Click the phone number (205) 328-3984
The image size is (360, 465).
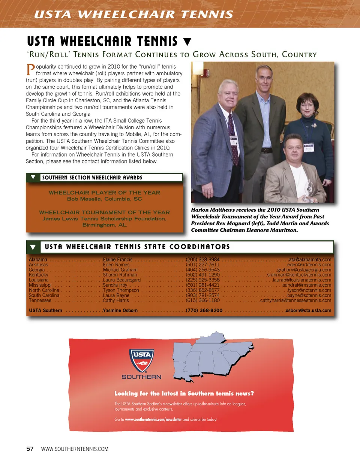(x=203, y=260)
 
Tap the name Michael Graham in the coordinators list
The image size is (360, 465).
(x=120, y=270)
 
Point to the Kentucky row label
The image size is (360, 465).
(x=39, y=275)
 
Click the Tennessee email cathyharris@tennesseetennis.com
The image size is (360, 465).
(x=295, y=301)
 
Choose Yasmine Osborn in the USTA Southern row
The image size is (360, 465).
(x=120, y=311)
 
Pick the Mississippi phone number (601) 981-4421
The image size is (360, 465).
(x=202, y=285)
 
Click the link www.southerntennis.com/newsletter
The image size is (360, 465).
(x=153, y=420)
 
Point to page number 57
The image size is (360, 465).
(x=30, y=449)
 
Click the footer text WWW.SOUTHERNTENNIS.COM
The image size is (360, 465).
(x=75, y=449)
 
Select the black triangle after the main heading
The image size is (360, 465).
(x=187, y=42)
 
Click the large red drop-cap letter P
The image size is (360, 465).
(x=30, y=70)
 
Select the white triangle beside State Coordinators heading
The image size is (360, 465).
(x=33, y=247)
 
